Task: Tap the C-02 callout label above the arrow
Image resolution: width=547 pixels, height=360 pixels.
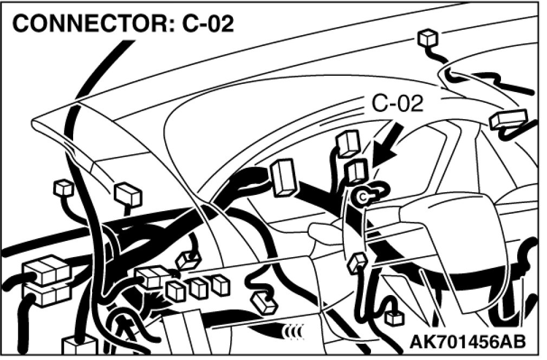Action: tap(398, 103)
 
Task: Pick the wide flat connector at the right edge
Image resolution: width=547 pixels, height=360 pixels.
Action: tap(508, 119)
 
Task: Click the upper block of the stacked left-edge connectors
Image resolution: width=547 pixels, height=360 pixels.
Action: tap(46, 269)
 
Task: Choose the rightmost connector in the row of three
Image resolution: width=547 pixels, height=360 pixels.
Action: tap(219, 284)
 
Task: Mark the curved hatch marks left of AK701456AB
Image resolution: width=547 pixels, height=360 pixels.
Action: tap(295, 330)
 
